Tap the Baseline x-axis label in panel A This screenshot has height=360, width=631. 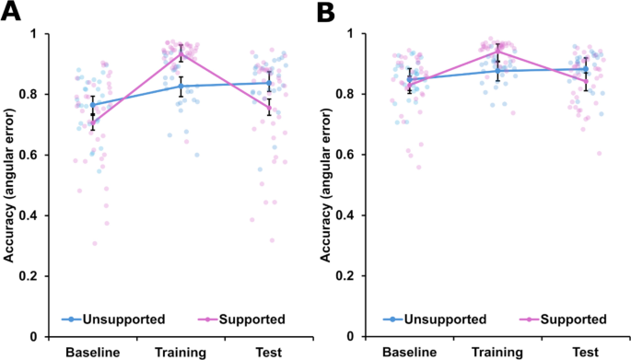(92, 352)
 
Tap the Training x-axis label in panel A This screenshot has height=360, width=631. (180, 352)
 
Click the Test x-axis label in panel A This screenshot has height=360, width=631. (266, 352)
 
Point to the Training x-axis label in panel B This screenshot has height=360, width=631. (497, 352)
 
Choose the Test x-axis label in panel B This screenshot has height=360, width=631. (584, 352)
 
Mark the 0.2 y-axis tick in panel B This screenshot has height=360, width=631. (353, 276)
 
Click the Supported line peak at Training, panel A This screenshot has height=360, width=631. (181, 53)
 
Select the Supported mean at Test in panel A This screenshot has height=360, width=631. (268, 107)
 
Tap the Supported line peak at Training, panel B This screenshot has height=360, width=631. (497, 52)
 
